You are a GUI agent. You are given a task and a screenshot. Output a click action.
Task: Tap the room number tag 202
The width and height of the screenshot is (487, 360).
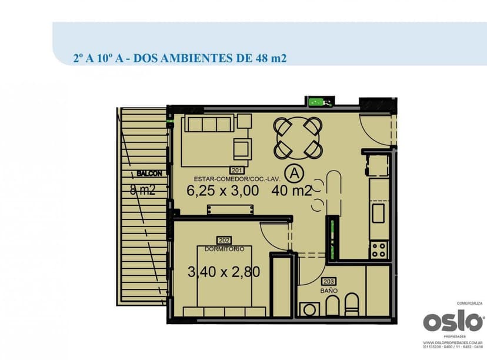point(224,240)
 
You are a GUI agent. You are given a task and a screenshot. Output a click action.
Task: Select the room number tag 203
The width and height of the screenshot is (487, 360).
point(329,281)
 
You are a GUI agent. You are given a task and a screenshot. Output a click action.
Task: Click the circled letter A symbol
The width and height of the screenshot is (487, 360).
point(292,173)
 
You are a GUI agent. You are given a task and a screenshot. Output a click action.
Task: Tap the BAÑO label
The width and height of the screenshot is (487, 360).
point(329,291)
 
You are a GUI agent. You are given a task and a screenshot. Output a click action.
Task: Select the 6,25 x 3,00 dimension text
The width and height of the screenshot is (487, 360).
point(222,190)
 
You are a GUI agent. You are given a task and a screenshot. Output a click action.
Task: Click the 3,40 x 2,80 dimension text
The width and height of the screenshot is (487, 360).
point(224,272)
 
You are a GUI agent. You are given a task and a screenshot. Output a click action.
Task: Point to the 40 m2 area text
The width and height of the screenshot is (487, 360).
point(292,190)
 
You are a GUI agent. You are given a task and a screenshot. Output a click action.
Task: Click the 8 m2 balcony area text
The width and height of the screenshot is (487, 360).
point(142,189)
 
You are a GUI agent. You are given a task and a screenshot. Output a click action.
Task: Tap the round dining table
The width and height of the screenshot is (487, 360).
point(298,138)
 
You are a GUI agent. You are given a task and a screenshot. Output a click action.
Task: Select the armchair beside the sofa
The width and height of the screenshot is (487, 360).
point(242,148)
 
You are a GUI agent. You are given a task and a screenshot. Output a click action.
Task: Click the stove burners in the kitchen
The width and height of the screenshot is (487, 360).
point(378,251)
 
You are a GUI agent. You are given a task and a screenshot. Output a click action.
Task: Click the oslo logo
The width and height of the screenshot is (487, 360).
point(453,322)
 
